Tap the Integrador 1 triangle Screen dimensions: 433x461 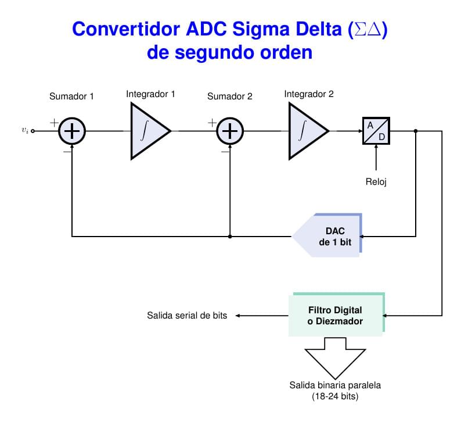[147, 131]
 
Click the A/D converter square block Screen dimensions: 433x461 [376, 131]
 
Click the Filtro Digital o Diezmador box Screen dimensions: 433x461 [336, 315]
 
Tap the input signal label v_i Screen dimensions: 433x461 [24, 131]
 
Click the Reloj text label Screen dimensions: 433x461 [376, 182]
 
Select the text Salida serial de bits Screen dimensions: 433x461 [187, 316]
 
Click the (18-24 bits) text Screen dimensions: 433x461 [335, 397]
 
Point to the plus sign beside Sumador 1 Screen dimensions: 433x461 [54, 123]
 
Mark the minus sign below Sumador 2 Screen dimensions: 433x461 [225, 151]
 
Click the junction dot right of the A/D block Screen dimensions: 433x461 [416, 131]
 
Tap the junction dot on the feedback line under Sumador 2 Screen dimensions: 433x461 [230, 237]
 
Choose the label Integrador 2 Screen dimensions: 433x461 [309, 94]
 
